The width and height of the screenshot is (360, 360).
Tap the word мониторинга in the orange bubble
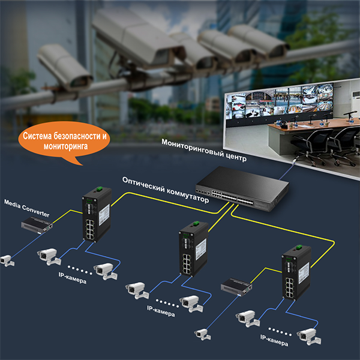click(66, 145)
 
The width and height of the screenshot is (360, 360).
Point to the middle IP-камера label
click(161, 313)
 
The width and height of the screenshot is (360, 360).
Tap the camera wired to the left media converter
click(6, 260)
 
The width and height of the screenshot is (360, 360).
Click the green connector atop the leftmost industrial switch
click(94, 190)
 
